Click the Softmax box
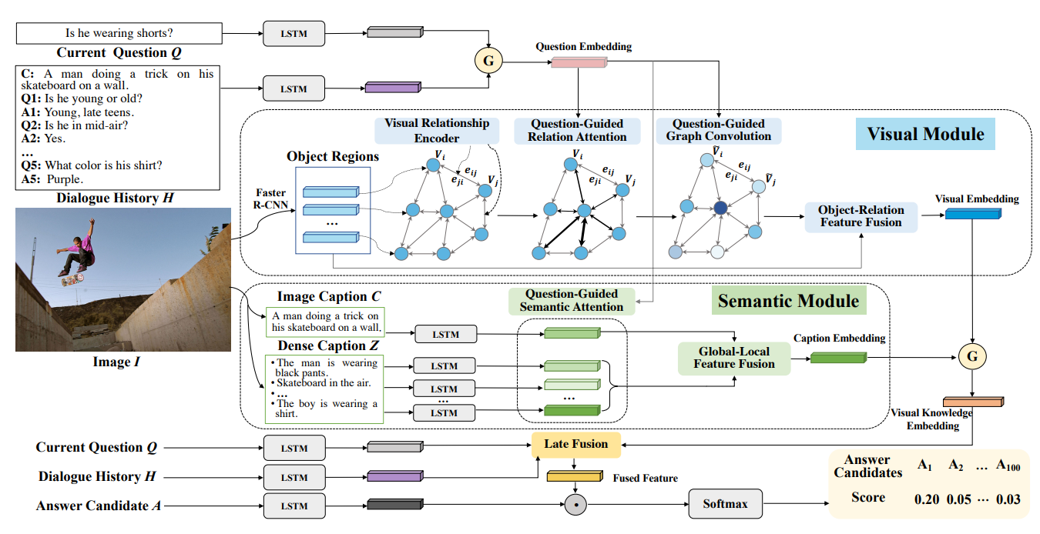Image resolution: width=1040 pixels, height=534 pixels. pyautogui.click(x=725, y=503)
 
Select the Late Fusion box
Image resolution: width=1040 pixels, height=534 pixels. pyautogui.click(x=575, y=445)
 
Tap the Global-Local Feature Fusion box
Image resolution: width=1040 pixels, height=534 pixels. pyautogui.click(x=734, y=358)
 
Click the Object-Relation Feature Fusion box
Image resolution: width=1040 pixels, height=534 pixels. pyautogui.click(x=861, y=216)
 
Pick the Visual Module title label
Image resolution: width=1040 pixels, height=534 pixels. pyautogui.click(x=925, y=134)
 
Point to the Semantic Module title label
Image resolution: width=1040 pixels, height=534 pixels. pyautogui.click(x=789, y=301)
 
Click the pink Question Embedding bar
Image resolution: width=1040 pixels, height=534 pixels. pyautogui.click(x=579, y=62)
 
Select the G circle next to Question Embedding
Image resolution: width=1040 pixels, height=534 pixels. pyautogui.click(x=488, y=61)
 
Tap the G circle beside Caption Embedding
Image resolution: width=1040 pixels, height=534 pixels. pyautogui.click(x=972, y=356)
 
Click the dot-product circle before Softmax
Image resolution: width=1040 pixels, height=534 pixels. pyautogui.click(x=575, y=504)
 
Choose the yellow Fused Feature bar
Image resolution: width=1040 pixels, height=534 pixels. pyautogui.click(x=575, y=476)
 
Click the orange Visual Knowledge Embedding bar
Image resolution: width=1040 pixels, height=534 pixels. pyautogui.click(x=973, y=402)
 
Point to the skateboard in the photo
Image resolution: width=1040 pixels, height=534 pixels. pyautogui.click(x=72, y=279)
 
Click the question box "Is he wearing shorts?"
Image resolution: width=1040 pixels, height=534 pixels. pyautogui.click(x=119, y=33)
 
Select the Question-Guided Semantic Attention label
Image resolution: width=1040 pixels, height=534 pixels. pyautogui.click(x=572, y=301)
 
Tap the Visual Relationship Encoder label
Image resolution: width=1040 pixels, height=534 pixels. pyautogui.click(x=437, y=131)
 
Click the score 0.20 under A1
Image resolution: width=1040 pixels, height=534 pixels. pyautogui.click(x=927, y=499)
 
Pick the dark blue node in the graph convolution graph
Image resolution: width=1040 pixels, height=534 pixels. pyautogui.click(x=720, y=208)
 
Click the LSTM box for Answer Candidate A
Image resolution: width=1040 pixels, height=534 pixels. pyautogui.click(x=294, y=506)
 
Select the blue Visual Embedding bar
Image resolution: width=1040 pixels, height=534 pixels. pyautogui.click(x=973, y=214)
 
